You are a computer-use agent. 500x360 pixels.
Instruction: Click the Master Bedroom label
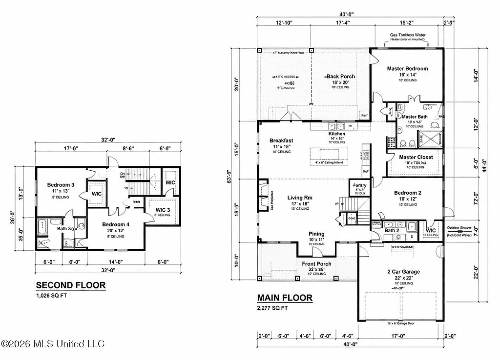point(407,69)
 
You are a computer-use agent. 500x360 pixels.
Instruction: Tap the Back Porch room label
point(340,77)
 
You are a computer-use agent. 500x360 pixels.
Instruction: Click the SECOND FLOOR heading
point(71,285)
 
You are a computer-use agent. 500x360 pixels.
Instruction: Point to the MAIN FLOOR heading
point(285,298)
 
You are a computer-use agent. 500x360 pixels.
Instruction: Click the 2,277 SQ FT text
point(272,308)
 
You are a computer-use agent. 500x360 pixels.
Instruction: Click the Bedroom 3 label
point(61,185)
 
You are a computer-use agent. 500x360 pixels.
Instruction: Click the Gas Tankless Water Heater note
point(408,38)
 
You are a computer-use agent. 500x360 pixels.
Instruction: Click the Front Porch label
point(316,264)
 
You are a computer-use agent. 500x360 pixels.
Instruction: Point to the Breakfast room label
point(281,140)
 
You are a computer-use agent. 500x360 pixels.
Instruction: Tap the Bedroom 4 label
point(116,224)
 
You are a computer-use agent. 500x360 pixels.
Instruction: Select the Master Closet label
point(414,157)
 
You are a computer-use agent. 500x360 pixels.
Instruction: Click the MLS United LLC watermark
point(53,344)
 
